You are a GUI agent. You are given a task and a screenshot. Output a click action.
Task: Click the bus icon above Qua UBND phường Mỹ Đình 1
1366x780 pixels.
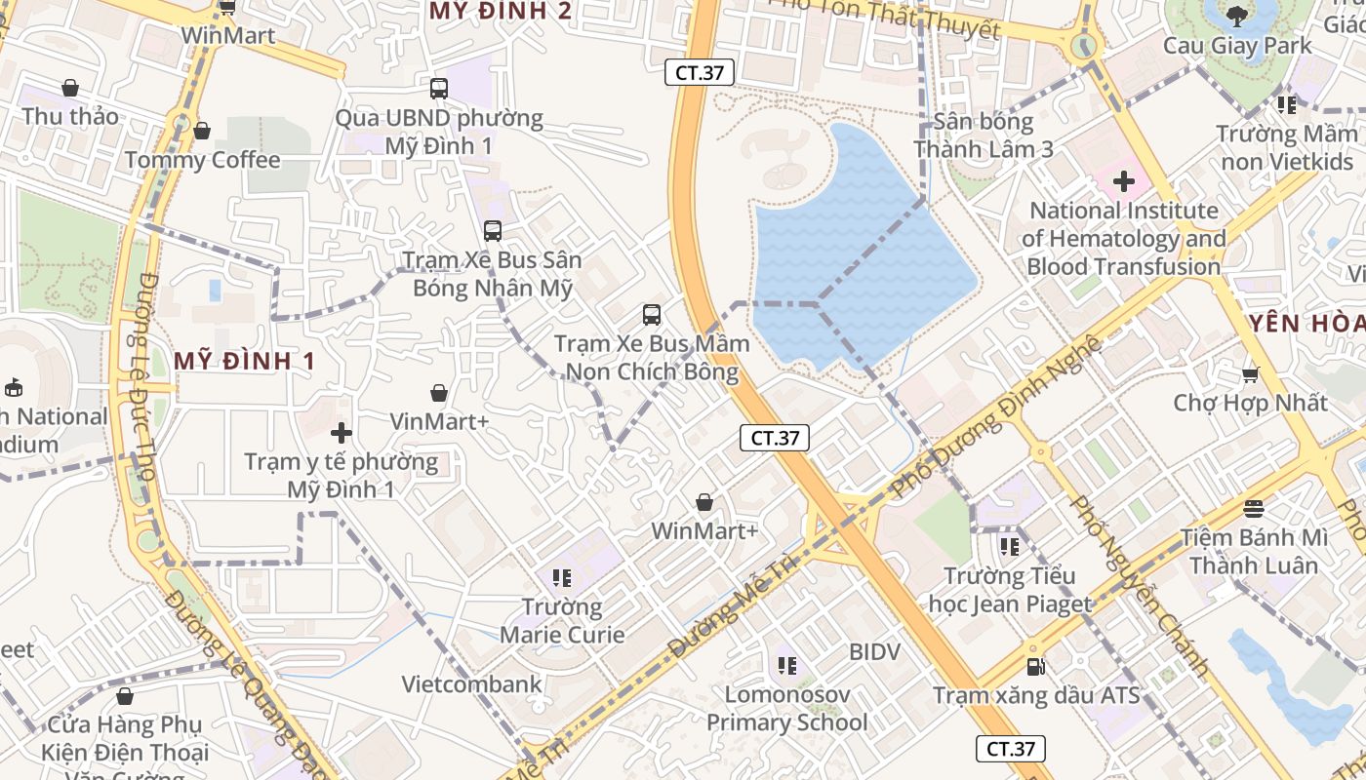tap(439, 89)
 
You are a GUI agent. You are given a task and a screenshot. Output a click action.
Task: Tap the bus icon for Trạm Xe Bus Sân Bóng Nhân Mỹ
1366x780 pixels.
tap(493, 231)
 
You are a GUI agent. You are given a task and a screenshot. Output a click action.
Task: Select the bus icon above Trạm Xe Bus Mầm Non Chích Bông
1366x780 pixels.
tap(652, 315)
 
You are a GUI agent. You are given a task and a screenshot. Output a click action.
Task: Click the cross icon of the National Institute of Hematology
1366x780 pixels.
tap(1124, 181)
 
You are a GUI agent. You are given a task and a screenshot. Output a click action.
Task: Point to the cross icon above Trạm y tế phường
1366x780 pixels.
tap(341, 433)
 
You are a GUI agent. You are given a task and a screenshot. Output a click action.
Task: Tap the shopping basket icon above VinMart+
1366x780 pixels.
tap(439, 393)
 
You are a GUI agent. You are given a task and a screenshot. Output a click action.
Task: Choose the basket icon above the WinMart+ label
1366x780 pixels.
tap(704, 502)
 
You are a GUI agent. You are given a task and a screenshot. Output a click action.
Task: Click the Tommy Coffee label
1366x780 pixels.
tap(202, 160)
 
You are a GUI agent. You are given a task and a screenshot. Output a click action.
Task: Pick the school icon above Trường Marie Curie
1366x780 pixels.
tap(561, 578)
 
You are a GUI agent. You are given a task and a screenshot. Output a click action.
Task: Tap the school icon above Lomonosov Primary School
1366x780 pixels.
tap(787, 666)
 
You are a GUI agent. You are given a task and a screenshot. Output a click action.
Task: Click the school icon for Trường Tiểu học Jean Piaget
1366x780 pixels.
tap(1010, 546)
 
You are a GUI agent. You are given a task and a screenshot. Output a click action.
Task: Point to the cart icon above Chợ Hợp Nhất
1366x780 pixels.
tap(1250, 374)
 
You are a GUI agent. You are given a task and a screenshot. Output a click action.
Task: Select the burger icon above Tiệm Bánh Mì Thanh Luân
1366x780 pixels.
tap(1254, 509)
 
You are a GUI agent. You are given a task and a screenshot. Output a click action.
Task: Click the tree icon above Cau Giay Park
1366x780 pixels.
tap(1237, 17)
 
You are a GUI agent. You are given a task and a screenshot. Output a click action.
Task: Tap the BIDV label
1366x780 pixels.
tap(874, 651)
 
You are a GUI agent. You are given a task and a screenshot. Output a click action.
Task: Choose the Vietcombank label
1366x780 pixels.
tap(471, 684)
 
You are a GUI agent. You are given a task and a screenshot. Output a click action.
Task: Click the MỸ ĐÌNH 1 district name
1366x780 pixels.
tap(245, 361)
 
